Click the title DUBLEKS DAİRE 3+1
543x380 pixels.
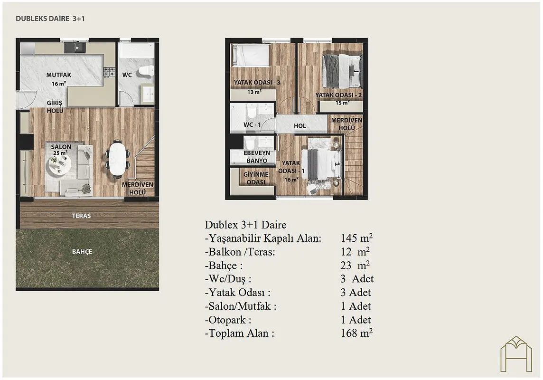coord(50,19)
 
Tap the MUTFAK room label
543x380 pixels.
coord(59,75)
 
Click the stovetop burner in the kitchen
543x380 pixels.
coord(110,72)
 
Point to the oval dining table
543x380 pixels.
coord(117,159)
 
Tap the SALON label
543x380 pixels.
coord(61,147)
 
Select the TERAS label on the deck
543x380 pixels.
coord(81,216)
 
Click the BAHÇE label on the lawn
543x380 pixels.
coord(82,251)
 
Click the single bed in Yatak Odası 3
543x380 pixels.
coord(251,56)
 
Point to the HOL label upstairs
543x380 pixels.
coord(300,126)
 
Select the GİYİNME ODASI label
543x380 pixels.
coord(256,179)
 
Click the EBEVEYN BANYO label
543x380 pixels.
coord(257,157)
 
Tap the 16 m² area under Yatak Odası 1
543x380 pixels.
coord(291,180)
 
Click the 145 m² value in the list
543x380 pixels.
coord(356,237)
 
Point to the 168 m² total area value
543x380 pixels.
coord(356,333)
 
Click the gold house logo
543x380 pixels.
coord(516,354)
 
